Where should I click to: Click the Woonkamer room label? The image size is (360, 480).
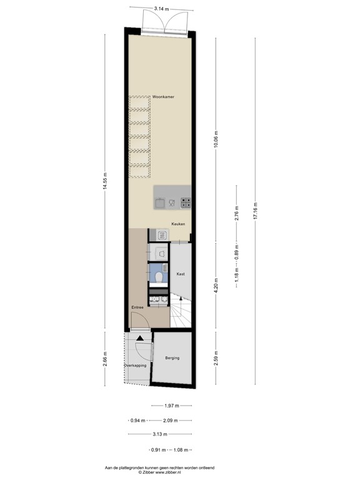point(163,97)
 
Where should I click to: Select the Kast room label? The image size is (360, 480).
point(180,274)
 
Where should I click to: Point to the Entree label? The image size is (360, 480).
point(137,307)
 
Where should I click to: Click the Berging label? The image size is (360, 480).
point(172,358)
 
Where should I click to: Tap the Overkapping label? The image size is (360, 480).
point(134,365)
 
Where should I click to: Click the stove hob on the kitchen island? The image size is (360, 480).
point(186,202)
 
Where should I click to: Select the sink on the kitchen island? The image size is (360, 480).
point(161,202)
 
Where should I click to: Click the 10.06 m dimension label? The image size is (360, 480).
point(216,139)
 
